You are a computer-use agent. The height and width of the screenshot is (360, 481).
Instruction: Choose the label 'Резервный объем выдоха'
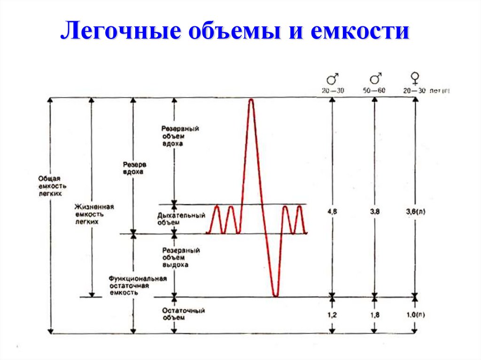181,258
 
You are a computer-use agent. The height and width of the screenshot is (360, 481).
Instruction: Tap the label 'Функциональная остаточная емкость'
138,285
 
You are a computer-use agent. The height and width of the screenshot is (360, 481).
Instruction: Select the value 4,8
332,212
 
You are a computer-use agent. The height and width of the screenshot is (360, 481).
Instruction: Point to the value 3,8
375,212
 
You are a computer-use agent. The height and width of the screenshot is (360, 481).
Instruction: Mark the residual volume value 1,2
332,315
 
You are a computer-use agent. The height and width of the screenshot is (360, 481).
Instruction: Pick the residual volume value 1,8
375,315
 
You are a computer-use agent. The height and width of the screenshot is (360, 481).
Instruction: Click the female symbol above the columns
415,77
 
